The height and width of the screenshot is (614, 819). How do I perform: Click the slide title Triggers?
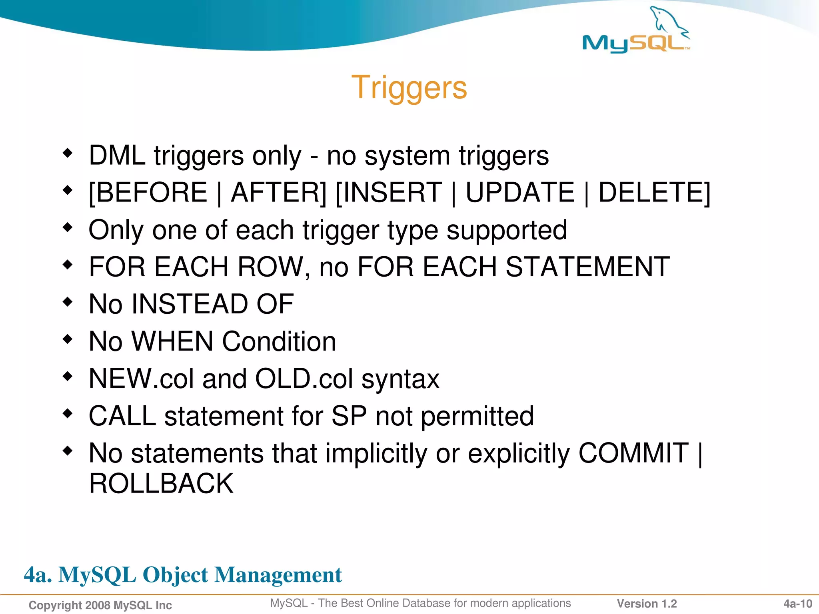(x=409, y=87)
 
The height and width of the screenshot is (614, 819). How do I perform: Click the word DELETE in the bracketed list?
(x=652, y=193)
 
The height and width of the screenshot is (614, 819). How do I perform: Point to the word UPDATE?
(x=520, y=193)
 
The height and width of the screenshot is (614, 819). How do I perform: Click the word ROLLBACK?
(x=161, y=484)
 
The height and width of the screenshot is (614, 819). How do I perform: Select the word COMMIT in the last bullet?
(x=633, y=453)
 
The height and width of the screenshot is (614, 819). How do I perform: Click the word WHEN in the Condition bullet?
(x=172, y=342)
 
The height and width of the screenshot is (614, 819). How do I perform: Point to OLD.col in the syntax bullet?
(x=304, y=379)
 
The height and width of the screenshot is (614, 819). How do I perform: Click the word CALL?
(x=122, y=416)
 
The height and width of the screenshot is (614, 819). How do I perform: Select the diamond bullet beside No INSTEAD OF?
(x=68, y=301)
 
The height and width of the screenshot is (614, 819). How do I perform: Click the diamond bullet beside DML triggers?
(x=68, y=153)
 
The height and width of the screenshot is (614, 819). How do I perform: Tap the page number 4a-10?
(x=797, y=604)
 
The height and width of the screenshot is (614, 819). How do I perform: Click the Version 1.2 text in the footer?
(x=647, y=604)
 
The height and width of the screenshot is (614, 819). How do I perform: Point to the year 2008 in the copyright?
(x=98, y=605)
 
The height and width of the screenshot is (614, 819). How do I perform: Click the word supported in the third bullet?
(x=507, y=230)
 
